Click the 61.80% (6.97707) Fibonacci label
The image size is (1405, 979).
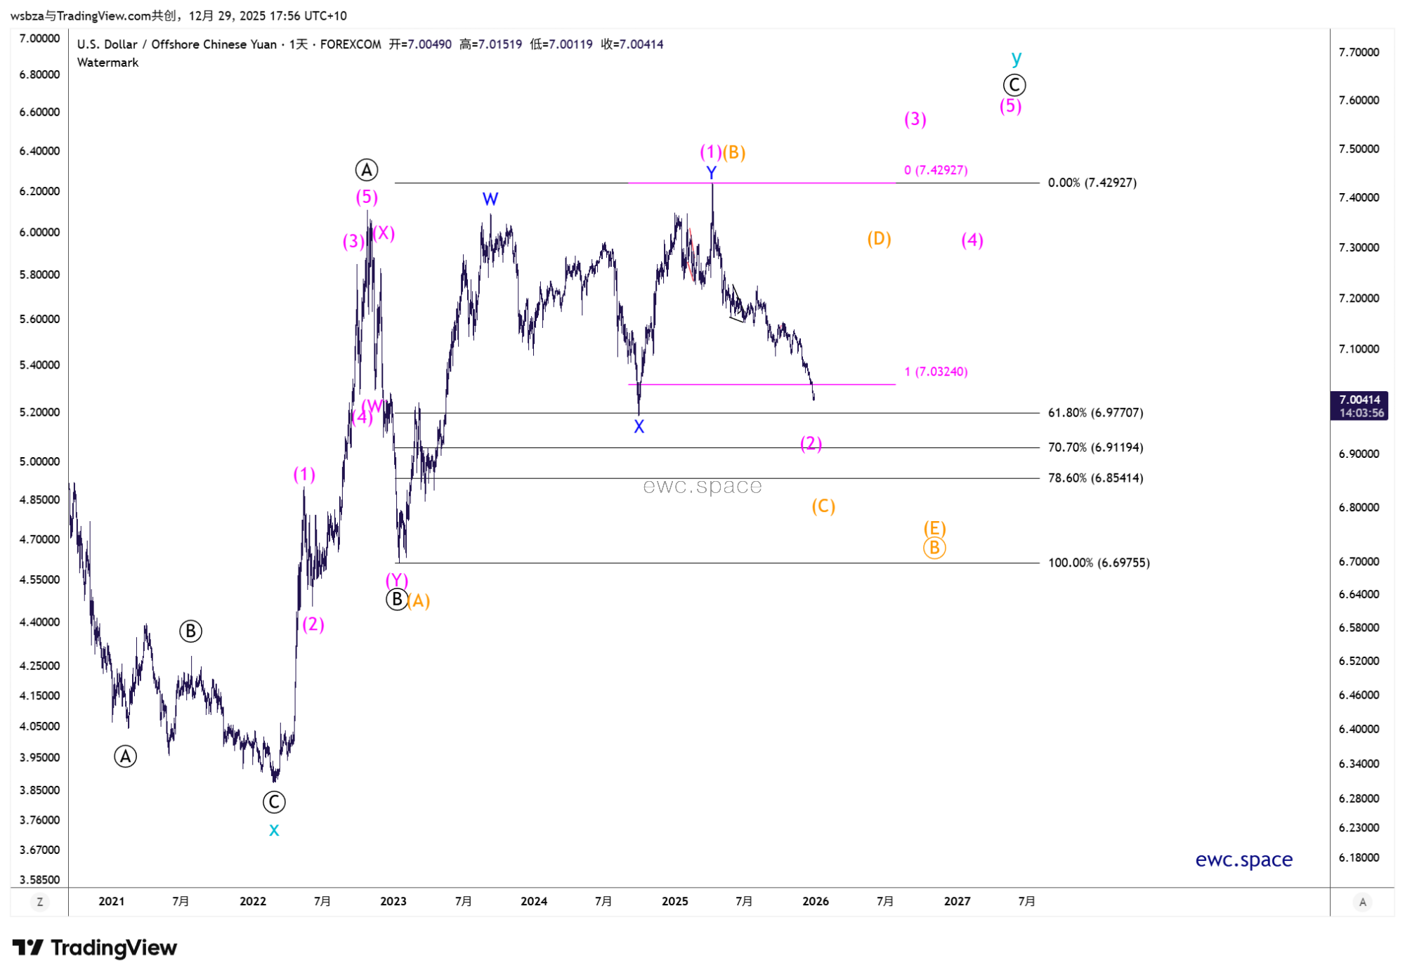coord(1094,413)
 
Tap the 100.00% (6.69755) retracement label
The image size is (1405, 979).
coord(1098,563)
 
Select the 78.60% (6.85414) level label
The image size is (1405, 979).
coord(1094,478)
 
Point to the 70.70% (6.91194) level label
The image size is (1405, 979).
coord(1094,447)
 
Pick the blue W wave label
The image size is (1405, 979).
coord(490,199)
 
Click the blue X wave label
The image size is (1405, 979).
coord(639,426)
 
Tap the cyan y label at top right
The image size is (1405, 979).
coord(1016,58)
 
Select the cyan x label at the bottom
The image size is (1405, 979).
coord(274,830)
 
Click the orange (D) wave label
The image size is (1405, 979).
coord(879,239)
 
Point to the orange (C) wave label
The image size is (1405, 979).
coord(823,506)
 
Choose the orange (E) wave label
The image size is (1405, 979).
coord(934,528)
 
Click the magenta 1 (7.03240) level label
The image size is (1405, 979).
coord(936,372)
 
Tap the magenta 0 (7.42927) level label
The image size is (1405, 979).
coord(936,170)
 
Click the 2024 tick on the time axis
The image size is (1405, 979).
coord(534,901)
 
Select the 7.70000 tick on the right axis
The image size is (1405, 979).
coord(1359,52)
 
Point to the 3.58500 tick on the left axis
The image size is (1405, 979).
coord(39,879)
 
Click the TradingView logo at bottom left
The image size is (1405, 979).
coord(95,948)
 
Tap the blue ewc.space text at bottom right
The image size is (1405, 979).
coord(1243,860)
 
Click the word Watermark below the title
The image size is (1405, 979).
coord(107,63)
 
